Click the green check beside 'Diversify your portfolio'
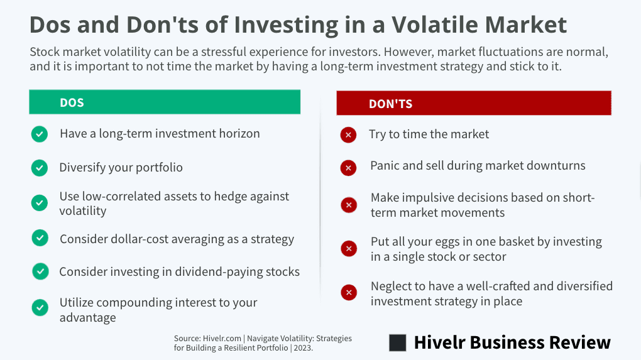[x=40, y=168]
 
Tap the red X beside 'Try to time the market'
[x=348, y=135]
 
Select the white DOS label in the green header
[x=72, y=102]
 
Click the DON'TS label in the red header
[x=390, y=104]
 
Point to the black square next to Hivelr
[x=398, y=343]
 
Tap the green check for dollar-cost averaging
[x=40, y=238]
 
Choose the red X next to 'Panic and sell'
[x=348, y=168]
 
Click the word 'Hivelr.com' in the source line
[x=222, y=339]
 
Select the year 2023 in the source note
[x=302, y=348]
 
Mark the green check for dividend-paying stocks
[x=40, y=271]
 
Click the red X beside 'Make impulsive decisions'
[x=349, y=205]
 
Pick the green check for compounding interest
[x=40, y=308]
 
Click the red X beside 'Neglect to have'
[x=349, y=292]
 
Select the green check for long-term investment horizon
[x=40, y=134]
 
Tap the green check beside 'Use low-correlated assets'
[x=40, y=203]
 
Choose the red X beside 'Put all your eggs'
[x=349, y=248]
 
